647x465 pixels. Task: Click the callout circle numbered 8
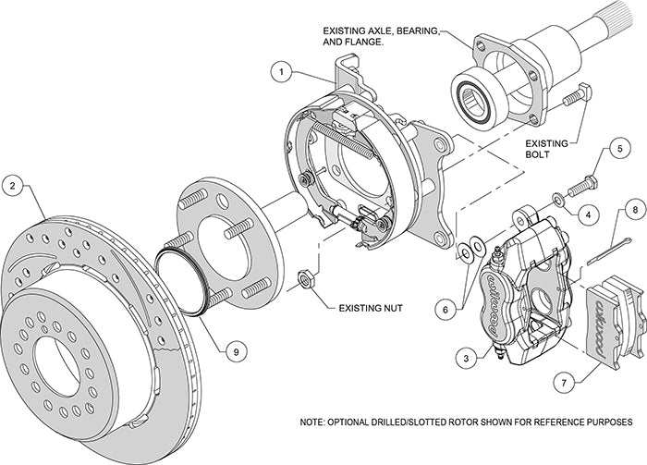629,210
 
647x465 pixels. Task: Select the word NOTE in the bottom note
316,422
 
